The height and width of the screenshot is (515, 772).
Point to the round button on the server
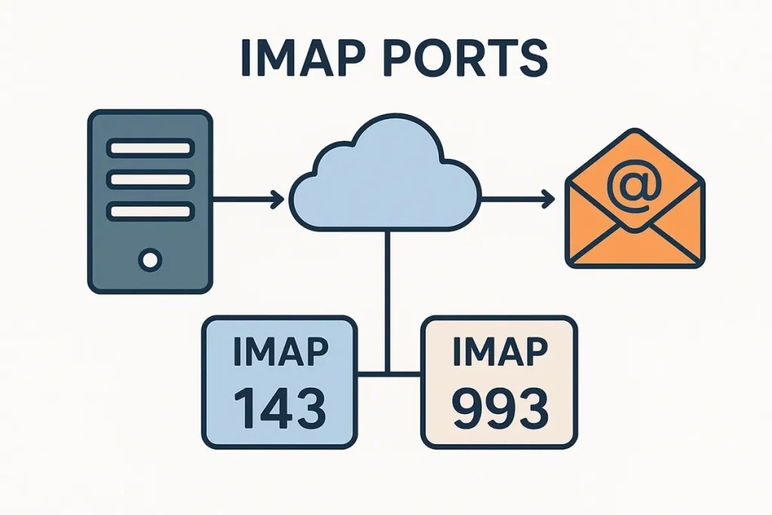150,261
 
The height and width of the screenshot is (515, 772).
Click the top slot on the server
150,147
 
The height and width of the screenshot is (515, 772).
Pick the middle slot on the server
150,179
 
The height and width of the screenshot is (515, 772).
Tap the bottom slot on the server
150,212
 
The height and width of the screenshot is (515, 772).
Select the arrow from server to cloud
249,200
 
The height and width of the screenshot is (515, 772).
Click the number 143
279,406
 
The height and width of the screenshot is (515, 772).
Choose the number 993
498,406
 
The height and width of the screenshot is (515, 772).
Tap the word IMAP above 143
279,353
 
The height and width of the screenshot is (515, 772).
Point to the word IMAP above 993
498,353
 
